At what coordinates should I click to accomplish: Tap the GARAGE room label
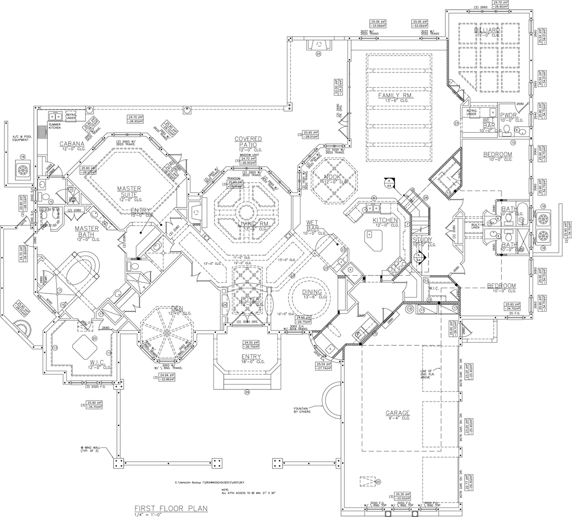[398, 413]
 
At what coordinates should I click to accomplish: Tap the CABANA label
[72, 144]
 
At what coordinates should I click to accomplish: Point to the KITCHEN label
[385, 220]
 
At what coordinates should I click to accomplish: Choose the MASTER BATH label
[87, 231]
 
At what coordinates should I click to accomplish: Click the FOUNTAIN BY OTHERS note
[300, 410]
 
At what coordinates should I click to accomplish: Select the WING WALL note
[93, 449]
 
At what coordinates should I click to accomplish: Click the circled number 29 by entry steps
[247, 392]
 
